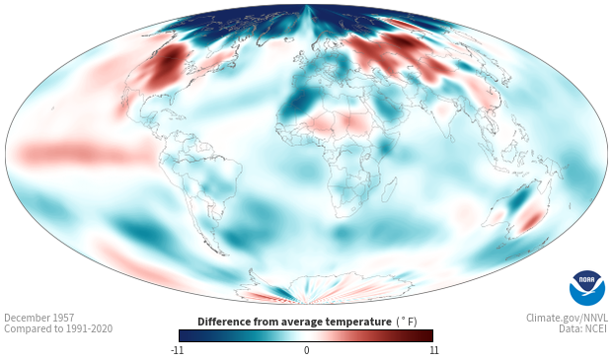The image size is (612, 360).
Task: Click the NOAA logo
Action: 587,287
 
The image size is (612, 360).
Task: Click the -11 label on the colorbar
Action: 177,350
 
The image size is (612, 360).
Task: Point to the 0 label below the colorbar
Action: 306,350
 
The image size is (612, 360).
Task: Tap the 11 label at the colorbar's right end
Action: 434,350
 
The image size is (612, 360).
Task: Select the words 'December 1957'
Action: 39,318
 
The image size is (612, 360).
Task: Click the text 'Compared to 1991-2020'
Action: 58,328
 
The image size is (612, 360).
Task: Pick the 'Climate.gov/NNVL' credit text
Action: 567,318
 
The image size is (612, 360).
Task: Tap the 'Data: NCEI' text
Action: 583,328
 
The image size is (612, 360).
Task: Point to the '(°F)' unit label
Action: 407,323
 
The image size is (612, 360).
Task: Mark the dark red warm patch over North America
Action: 166,66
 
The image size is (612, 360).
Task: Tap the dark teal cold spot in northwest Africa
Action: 300,103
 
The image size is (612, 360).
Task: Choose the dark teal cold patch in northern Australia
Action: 517,199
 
